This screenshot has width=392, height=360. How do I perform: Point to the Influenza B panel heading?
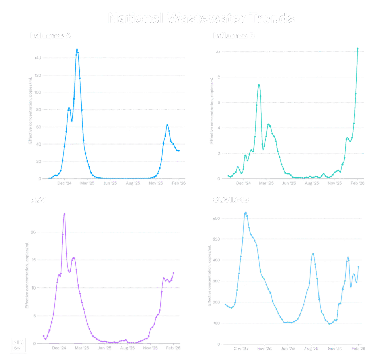point(234,36)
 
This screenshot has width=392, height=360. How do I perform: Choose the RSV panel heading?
point(38,200)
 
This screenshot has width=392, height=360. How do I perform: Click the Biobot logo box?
point(17,345)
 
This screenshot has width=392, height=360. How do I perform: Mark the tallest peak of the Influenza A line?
point(77,50)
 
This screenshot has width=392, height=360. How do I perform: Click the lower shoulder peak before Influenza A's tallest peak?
point(69,108)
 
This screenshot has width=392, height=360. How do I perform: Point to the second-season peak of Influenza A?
point(167,125)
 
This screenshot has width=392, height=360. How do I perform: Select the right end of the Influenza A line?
point(179,151)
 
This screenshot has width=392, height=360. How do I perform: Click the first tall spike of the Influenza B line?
point(259,85)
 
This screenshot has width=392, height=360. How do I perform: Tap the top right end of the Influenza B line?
point(358,49)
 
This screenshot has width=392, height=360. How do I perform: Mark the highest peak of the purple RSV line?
point(65,214)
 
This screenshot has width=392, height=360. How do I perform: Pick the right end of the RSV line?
point(174,273)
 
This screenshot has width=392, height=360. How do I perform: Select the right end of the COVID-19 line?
point(359,266)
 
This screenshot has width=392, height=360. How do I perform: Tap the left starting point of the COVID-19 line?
point(225,303)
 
